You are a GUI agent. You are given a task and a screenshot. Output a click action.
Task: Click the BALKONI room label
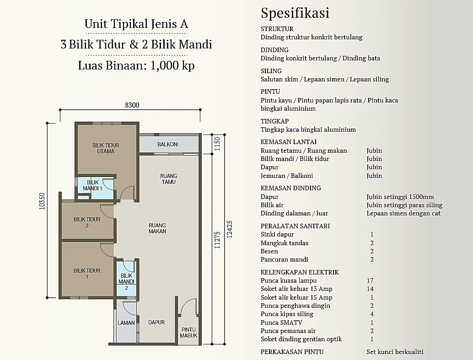[x=168, y=145]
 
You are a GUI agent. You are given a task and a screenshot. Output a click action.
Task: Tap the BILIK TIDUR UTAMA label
[x=106, y=148]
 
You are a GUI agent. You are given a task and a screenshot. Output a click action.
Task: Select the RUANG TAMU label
[x=169, y=179]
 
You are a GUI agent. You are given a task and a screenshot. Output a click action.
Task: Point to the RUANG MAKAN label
[x=157, y=228]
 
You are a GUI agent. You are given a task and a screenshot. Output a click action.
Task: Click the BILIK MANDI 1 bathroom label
[x=92, y=185]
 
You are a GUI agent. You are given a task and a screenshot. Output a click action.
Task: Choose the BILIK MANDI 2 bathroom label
[x=126, y=281]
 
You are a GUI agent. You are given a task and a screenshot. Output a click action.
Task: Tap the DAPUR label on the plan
[x=156, y=322]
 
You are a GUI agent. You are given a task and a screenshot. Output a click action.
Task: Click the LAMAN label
[x=126, y=323]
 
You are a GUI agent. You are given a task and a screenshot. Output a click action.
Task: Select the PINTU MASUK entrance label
[x=188, y=333]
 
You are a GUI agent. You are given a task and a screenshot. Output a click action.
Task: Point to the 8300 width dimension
[x=132, y=105]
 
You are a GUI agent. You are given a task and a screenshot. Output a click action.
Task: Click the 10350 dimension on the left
[x=42, y=201]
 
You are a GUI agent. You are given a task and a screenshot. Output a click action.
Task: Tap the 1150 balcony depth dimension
[x=217, y=144]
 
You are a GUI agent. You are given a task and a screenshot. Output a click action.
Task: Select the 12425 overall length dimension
[x=230, y=230]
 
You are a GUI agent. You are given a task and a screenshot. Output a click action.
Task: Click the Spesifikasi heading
[x=295, y=13]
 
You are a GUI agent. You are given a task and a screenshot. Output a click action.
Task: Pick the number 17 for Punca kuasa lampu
[x=370, y=280]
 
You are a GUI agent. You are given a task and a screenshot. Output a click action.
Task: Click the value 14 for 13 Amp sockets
[x=370, y=289]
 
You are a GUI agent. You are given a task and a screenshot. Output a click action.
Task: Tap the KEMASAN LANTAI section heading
[x=288, y=142]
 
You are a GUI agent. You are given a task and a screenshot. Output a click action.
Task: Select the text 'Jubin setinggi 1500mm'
[x=400, y=197]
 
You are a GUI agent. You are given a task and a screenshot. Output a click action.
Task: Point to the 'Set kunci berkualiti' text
[x=395, y=352]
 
